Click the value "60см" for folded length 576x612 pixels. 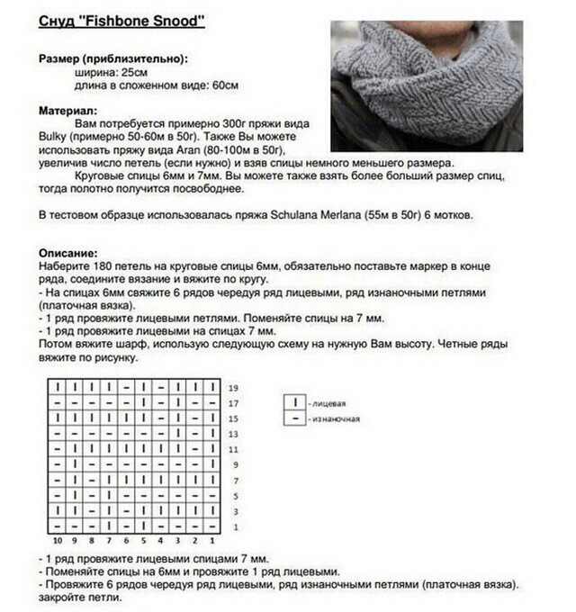(x=221, y=85)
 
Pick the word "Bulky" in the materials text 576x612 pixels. (x=56, y=134)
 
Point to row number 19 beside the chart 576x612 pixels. (x=233, y=387)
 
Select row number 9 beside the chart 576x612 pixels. (x=233, y=465)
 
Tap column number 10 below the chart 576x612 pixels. (x=56, y=541)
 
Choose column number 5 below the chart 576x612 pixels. (x=142, y=541)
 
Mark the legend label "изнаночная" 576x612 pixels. (x=334, y=418)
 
